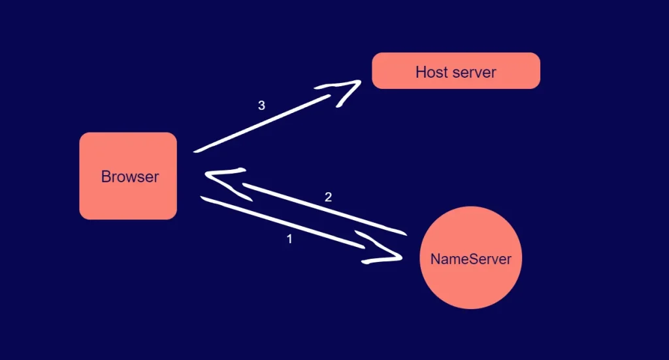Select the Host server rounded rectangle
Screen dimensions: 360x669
coord(456,71)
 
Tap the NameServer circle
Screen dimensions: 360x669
coord(470,257)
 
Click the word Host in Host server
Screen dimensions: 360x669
coord(429,72)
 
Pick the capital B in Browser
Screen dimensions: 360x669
coord(106,176)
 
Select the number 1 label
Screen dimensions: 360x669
coord(289,239)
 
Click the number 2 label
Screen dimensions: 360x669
coord(329,197)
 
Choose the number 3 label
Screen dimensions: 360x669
coord(261,105)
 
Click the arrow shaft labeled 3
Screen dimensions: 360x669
coord(268,121)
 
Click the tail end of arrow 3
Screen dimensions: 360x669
coord(196,152)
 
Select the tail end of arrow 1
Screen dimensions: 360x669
coord(203,197)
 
